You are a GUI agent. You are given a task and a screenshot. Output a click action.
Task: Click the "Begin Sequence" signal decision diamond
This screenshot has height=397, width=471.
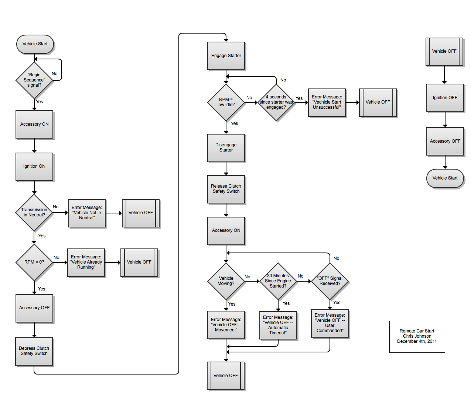(x=34, y=80)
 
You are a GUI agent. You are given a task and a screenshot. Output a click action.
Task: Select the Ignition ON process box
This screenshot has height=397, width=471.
(x=34, y=167)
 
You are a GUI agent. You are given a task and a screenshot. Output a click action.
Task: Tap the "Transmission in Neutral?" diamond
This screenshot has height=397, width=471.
(x=34, y=212)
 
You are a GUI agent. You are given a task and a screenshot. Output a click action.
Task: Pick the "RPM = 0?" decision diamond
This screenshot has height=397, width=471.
(x=34, y=262)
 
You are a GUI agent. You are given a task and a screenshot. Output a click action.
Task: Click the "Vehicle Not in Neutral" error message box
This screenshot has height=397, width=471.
(x=87, y=213)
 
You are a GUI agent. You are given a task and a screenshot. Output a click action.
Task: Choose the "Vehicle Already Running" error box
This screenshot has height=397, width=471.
(x=86, y=263)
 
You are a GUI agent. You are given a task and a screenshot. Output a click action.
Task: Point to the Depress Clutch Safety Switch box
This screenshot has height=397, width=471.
(x=34, y=351)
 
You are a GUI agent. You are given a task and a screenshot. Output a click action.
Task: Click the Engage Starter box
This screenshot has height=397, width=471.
(x=226, y=56)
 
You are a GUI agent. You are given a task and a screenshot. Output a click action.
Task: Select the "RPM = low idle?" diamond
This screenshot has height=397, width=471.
(x=226, y=102)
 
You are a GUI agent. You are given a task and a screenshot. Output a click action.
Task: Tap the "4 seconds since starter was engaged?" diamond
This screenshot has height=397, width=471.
(x=276, y=102)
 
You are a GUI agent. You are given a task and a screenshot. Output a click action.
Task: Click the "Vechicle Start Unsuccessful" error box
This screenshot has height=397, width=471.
(x=327, y=102)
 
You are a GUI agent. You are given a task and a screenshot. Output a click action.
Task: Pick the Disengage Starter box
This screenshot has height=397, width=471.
(x=226, y=148)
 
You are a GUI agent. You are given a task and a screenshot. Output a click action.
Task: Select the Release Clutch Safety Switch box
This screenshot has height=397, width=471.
(x=226, y=189)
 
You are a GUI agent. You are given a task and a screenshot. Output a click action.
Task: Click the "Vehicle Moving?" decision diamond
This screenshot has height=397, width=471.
(x=226, y=281)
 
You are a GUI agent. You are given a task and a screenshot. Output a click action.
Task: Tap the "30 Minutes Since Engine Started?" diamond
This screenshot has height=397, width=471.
(x=278, y=281)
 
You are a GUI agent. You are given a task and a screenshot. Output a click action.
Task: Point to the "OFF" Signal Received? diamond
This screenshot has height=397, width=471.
(x=330, y=281)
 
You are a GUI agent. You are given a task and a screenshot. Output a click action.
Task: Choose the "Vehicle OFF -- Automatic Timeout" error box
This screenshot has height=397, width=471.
(x=278, y=325)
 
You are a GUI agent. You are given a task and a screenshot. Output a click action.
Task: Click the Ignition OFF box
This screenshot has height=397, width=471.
(x=445, y=98)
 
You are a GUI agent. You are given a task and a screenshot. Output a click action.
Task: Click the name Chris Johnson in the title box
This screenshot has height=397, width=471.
(x=417, y=336)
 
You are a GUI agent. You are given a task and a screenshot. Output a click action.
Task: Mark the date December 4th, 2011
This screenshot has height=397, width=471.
(x=417, y=341)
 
